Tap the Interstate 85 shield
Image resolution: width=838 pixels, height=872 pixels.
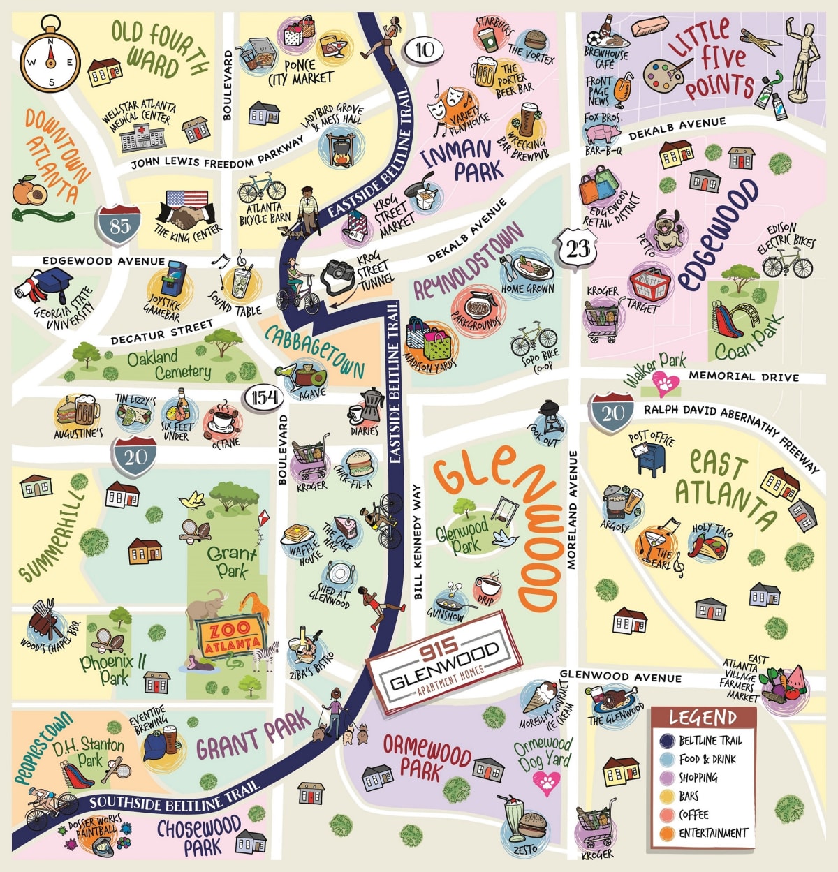119,225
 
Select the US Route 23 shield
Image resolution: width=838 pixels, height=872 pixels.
578,248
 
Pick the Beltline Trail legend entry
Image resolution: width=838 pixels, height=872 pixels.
701,741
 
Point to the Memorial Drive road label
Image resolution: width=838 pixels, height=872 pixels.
743,376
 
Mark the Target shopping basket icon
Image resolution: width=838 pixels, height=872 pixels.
649,283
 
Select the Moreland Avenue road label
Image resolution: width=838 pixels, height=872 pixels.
573,510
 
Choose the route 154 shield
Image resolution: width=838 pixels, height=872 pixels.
265,397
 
